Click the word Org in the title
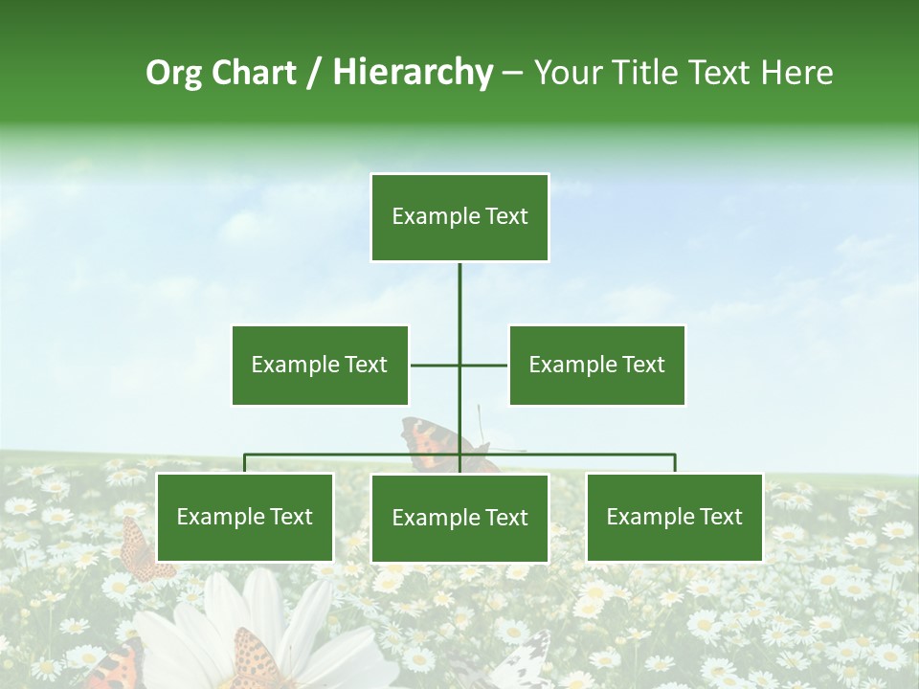point(173,73)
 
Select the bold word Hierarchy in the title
point(413,73)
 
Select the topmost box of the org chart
point(459,217)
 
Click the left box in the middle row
point(320,365)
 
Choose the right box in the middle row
point(596,365)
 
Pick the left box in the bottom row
point(244,517)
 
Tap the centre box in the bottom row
point(459,518)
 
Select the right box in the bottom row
point(674,517)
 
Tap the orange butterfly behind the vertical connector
point(436,442)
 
